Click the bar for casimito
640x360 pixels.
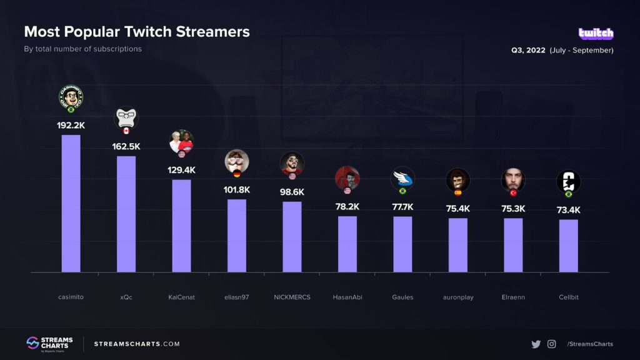tap(71, 203)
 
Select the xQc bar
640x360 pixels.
tap(126, 214)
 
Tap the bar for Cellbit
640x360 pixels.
tap(568, 246)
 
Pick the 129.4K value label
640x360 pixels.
tap(181, 170)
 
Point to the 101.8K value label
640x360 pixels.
tap(236, 190)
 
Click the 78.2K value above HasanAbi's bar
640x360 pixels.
tap(347, 207)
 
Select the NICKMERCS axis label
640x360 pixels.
tap(292, 297)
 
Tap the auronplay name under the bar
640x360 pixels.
tap(457, 297)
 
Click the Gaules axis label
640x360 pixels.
tap(402, 297)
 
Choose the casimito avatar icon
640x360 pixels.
tap(71, 97)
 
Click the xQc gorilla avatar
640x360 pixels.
tap(126, 117)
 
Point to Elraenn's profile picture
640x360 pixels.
tap(513, 180)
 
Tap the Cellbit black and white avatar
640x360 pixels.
tap(568, 182)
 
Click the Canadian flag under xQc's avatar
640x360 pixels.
tap(126, 131)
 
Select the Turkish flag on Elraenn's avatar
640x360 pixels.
tap(513, 193)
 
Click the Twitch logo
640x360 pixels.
tap(596, 34)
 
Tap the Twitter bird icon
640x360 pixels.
tap(536, 344)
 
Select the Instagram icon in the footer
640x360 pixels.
tap(552, 344)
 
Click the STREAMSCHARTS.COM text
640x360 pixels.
tap(137, 344)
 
